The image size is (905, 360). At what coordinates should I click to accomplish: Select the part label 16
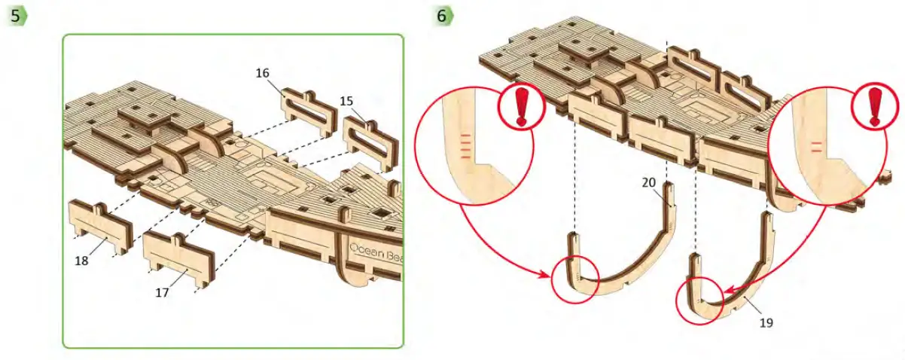click(x=262, y=73)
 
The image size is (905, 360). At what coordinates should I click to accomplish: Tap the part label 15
click(x=346, y=100)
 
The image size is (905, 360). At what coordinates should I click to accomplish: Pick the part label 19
click(x=766, y=322)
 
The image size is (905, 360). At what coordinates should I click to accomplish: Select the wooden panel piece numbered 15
click(x=371, y=143)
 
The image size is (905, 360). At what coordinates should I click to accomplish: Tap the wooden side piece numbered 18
click(x=99, y=226)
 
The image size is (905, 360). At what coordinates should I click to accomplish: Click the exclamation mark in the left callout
click(x=518, y=107)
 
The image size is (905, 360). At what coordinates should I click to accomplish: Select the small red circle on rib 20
click(x=575, y=279)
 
